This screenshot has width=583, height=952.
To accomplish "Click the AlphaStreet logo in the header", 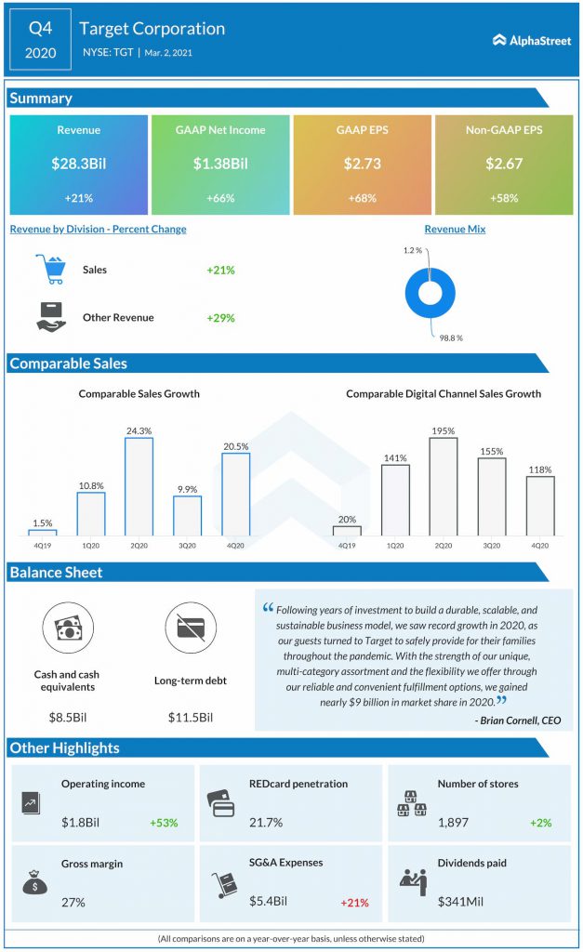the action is tap(531, 41).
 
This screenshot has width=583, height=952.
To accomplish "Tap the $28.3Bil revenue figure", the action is tap(79, 164).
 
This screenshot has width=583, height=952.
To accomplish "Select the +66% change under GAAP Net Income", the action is tap(220, 198).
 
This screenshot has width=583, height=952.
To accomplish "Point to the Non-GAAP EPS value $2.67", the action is tap(504, 164).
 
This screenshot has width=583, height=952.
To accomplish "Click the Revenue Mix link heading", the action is tap(455, 229).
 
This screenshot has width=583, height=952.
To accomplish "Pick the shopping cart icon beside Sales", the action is tap(50, 269).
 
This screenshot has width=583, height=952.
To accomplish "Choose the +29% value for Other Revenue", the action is tap(220, 318).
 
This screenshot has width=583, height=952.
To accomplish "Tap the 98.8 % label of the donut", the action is tap(451, 338).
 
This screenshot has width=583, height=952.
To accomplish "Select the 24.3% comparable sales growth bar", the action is tap(139, 486).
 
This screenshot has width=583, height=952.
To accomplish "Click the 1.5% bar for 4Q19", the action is tap(43, 533).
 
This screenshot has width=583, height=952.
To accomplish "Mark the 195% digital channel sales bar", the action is tap(444, 486).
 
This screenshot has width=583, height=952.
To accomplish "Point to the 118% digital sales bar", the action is tap(540, 506).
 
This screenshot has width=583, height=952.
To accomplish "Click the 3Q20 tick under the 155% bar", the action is tap(492, 546).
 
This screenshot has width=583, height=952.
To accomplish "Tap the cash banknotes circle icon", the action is tap(68, 628).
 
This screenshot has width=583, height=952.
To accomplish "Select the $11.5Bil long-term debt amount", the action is tap(191, 718).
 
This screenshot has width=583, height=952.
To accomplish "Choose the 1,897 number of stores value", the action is tap(453, 823).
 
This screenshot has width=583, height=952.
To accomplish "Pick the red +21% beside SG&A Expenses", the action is tap(354, 903).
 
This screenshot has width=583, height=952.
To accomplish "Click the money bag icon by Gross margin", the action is tap(34, 882).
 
